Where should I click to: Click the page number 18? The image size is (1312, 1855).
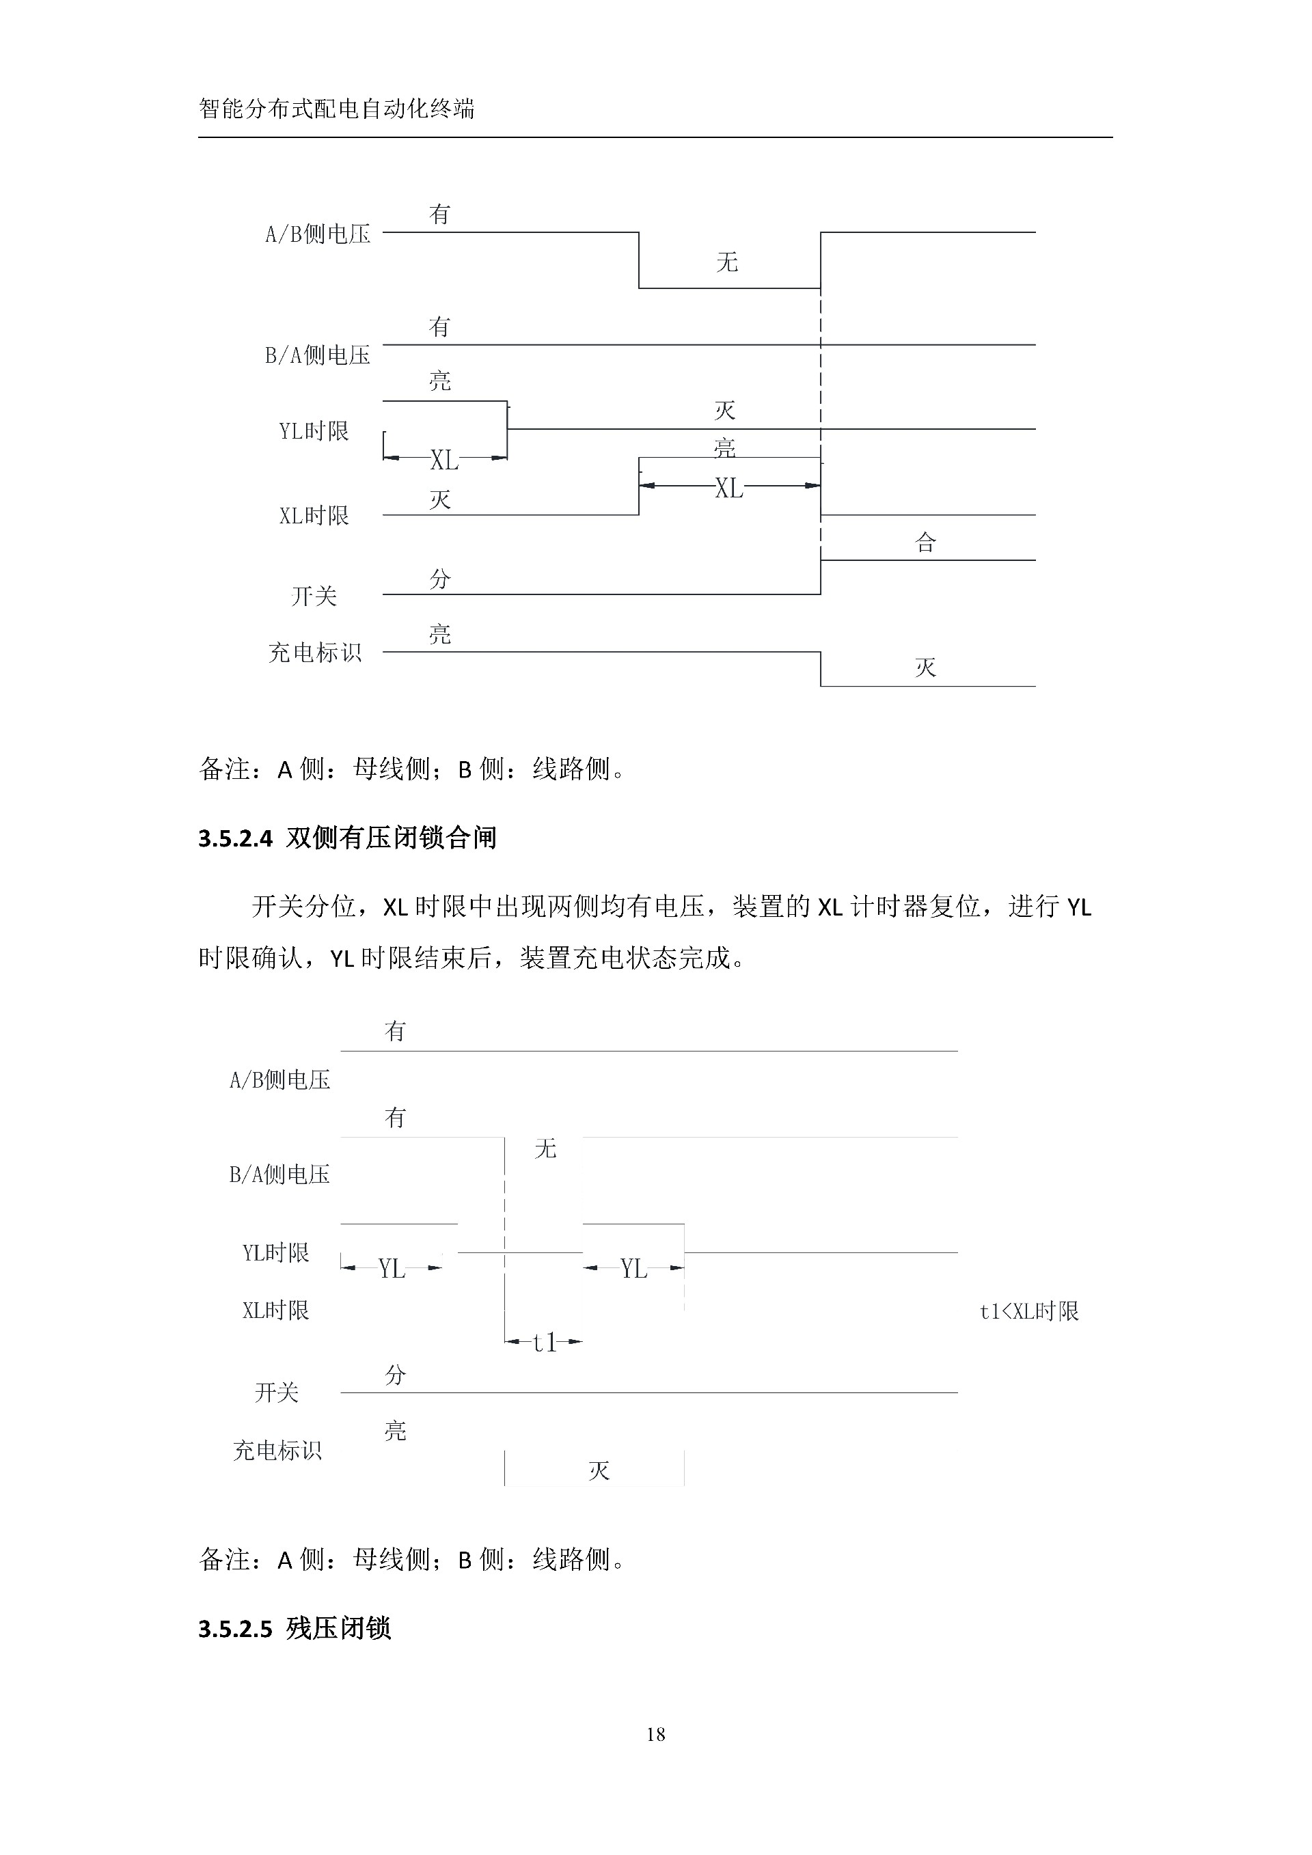tap(655, 1734)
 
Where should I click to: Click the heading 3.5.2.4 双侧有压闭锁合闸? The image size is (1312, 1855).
tap(347, 838)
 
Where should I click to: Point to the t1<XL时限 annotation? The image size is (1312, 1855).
tap(1028, 1311)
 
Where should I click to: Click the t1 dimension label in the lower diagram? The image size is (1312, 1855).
tap(545, 1343)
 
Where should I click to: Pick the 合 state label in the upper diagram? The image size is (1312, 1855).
tap(925, 542)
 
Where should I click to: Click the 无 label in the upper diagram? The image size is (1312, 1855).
tap(726, 262)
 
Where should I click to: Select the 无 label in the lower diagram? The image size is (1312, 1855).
tap(545, 1148)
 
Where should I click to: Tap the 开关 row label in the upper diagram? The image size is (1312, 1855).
tap(314, 596)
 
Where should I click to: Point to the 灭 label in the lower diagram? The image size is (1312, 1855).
tap(599, 1470)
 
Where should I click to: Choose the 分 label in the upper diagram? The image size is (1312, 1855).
tap(439, 579)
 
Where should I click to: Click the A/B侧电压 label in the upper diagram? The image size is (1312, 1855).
tap(318, 234)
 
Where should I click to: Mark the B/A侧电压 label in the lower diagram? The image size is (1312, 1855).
tap(279, 1174)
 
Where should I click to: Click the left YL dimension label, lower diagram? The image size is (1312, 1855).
tap(392, 1269)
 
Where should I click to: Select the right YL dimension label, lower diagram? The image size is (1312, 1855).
tap(634, 1269)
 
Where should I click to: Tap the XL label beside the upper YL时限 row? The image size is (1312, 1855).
tap(444, 460)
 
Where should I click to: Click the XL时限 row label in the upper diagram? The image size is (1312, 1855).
tap(314, 515)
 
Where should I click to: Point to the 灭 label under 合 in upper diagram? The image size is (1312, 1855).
tap(925, 668)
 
